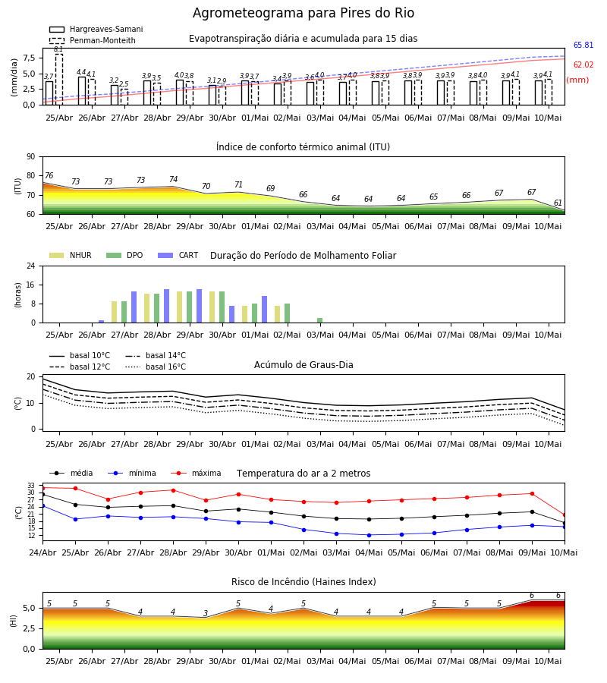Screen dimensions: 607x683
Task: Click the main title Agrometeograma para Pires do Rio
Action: coord(303,13)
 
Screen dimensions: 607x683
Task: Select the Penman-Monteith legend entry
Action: coord(93,40)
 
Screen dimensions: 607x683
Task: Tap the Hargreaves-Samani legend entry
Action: coord(96,29)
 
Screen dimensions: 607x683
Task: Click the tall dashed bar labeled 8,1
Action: coord(58,79)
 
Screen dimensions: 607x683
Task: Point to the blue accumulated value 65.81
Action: coord(583,45)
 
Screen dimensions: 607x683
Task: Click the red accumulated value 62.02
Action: coord(583,65)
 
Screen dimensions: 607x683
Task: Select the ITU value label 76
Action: coord(49,175)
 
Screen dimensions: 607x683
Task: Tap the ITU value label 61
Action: coord(558,203)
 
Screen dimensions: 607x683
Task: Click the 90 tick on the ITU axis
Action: coord(31,157)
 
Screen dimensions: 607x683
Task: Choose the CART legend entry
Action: coord(178,255)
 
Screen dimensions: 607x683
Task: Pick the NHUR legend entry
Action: coord(71,255)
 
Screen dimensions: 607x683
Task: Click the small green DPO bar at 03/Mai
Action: coord(319,320)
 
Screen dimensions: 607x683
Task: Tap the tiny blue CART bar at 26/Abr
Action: coord(102,322)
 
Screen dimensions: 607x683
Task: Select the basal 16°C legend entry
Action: coord(156,367)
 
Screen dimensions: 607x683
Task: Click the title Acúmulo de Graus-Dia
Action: coord(303,364)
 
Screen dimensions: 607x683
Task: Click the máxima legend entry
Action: coord(197,473)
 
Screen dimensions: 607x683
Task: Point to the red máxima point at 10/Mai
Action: coord(565,515)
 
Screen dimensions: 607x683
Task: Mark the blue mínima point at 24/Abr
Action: coord(42,505)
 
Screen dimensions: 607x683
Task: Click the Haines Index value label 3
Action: coord(206,613)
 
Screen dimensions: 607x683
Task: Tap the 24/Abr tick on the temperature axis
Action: coord(42,552)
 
